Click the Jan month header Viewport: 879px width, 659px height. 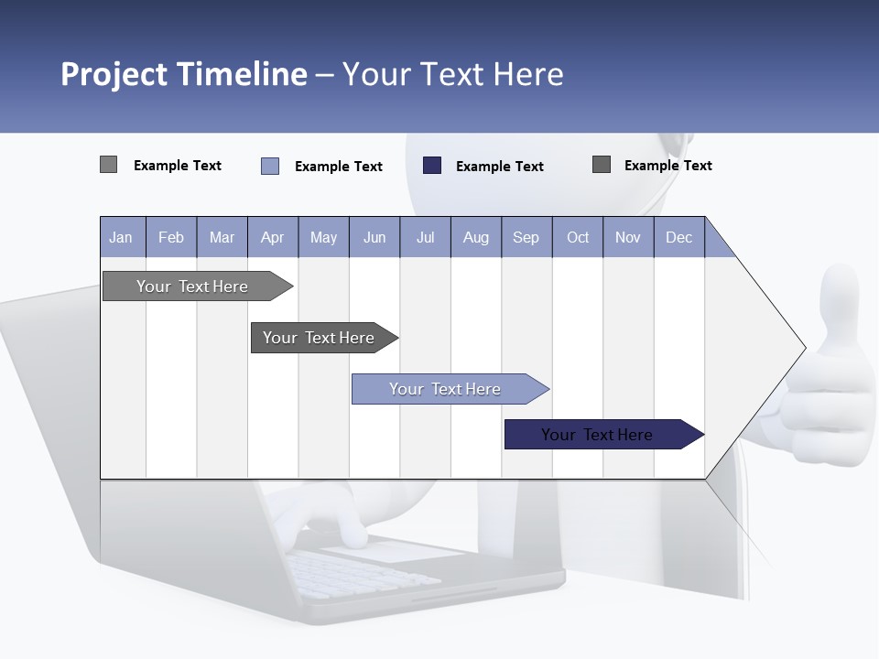[x=121, y=237]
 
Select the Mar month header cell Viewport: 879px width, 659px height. [x=222, y=237]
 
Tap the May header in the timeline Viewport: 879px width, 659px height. [x=323, y=237]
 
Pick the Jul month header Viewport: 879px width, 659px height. [x=425, y=237]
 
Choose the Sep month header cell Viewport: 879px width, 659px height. [x=526, y=237]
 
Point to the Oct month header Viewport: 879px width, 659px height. [x=578, y=237]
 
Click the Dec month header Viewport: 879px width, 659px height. [x=678, y=237]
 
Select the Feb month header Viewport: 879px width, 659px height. [x=171, y=237]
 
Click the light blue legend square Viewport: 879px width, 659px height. [x=270, y=166]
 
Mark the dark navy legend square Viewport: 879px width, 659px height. [x=432, y=166]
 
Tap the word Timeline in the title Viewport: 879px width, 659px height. [x=242, y=74]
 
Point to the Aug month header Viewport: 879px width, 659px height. [x=475, y=237]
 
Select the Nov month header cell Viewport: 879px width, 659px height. [x=628, y=237]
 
